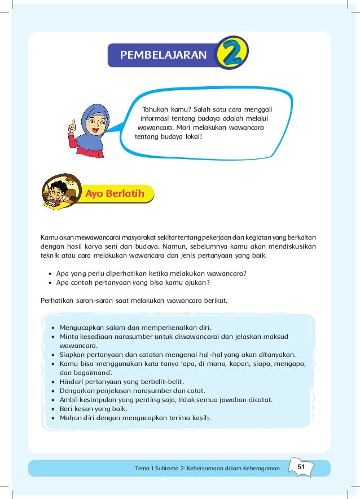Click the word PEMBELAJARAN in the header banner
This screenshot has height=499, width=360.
[164, 55]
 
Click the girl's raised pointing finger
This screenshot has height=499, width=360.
[71, 125]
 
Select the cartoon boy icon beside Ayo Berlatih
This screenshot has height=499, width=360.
[59, 193]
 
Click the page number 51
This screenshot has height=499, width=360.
[301, 467]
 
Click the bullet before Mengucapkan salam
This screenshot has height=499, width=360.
[52, 327]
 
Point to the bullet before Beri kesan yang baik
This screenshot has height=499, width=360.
[52, 409]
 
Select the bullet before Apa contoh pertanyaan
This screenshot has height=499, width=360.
[51, 283]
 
